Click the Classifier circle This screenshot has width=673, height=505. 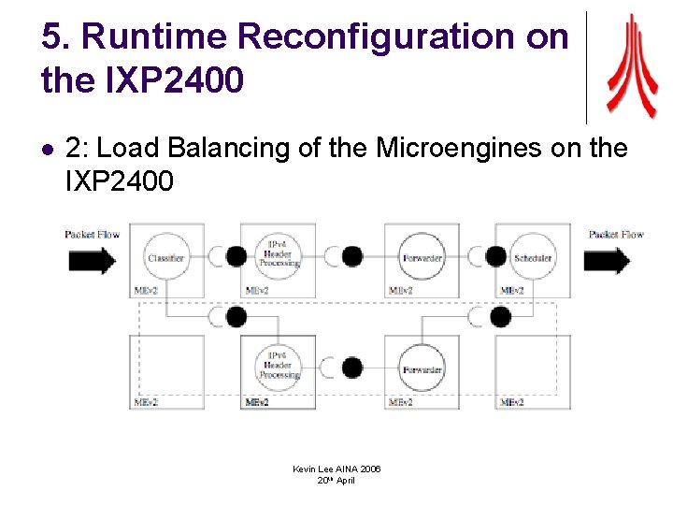tap(165, 257)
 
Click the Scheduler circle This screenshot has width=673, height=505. tap(532, 257)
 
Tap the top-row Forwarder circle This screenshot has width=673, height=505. tap(422, 257)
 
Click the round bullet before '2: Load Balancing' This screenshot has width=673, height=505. tap(49, 149)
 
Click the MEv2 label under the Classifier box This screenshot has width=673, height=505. tap(143, 291)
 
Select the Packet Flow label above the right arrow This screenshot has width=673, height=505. tap(616, 234)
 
